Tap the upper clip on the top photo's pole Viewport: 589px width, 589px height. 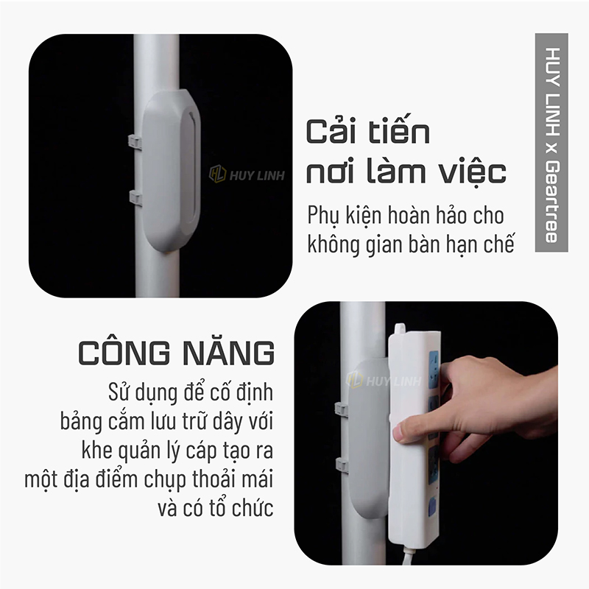[135, 142]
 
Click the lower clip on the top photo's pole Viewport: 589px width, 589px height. [135, 198]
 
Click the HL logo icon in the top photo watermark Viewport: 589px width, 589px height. [217, 174]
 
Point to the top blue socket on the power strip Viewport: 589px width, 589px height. [434, 370]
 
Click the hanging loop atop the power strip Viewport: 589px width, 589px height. [399, 329]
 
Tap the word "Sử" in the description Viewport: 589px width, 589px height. [119, 392]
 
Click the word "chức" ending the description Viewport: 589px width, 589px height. [253, 508]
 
